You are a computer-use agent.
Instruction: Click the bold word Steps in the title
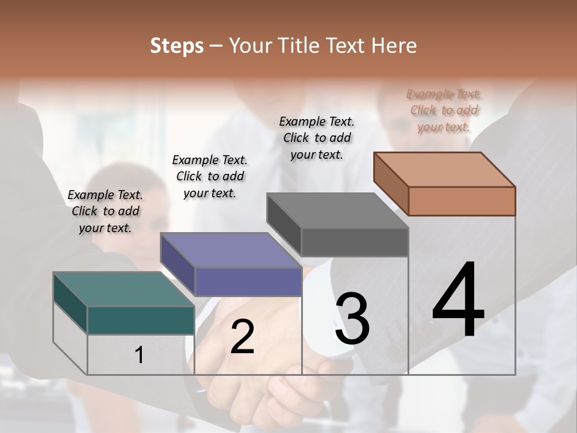click(x=177, y=46)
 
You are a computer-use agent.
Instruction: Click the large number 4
click(x=458, y=301)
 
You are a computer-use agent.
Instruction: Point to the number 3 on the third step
click(x=352, y=319)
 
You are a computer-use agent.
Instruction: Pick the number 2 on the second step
click(x=242, y=337)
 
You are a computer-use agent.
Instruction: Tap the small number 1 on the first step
click(x=139, y=355)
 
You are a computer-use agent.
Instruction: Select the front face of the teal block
click(x=141, y=320)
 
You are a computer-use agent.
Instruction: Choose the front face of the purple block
click(x=248, y=281)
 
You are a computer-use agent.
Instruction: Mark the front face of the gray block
click(x=355, y=242)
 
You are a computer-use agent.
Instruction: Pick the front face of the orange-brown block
click(x=462, y=201)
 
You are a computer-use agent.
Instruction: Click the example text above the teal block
click(x=105, y=211)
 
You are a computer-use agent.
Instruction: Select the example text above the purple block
click(x=210, y=176)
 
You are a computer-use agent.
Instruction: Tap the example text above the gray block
click(x=317, y=138)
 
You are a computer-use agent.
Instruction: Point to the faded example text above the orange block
click(x=444, y=110)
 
